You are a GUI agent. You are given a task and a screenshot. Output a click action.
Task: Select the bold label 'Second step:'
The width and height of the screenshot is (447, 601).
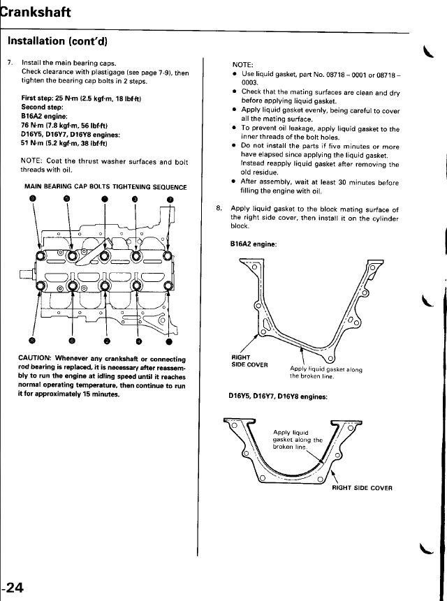coord(43,107)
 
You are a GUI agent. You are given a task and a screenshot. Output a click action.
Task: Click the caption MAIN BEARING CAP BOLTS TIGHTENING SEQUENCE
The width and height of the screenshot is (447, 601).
coord(105,187)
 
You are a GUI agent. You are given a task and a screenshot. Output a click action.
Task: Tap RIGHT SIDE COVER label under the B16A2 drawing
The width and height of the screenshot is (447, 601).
coord(249,361)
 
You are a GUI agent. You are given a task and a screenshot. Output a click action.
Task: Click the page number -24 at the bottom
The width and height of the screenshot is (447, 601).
coord(13,588)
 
